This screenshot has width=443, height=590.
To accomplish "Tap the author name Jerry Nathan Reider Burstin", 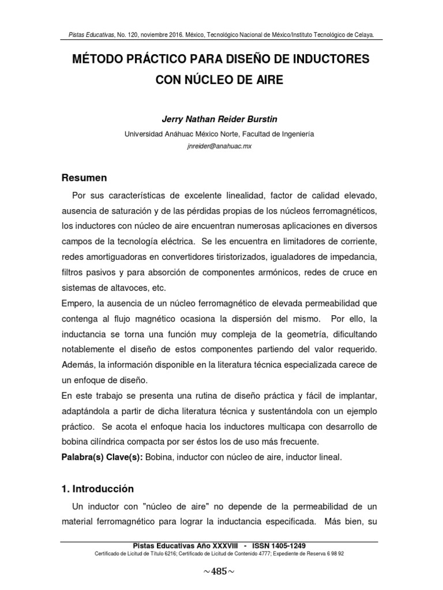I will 219,119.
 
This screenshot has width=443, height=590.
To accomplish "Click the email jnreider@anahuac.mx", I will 219,146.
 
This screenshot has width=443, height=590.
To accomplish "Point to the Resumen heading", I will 84,178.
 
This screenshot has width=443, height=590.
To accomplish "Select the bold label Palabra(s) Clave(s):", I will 102,457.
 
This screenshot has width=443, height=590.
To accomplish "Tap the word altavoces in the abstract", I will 141,288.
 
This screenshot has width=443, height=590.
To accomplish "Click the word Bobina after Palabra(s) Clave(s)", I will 159,457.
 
